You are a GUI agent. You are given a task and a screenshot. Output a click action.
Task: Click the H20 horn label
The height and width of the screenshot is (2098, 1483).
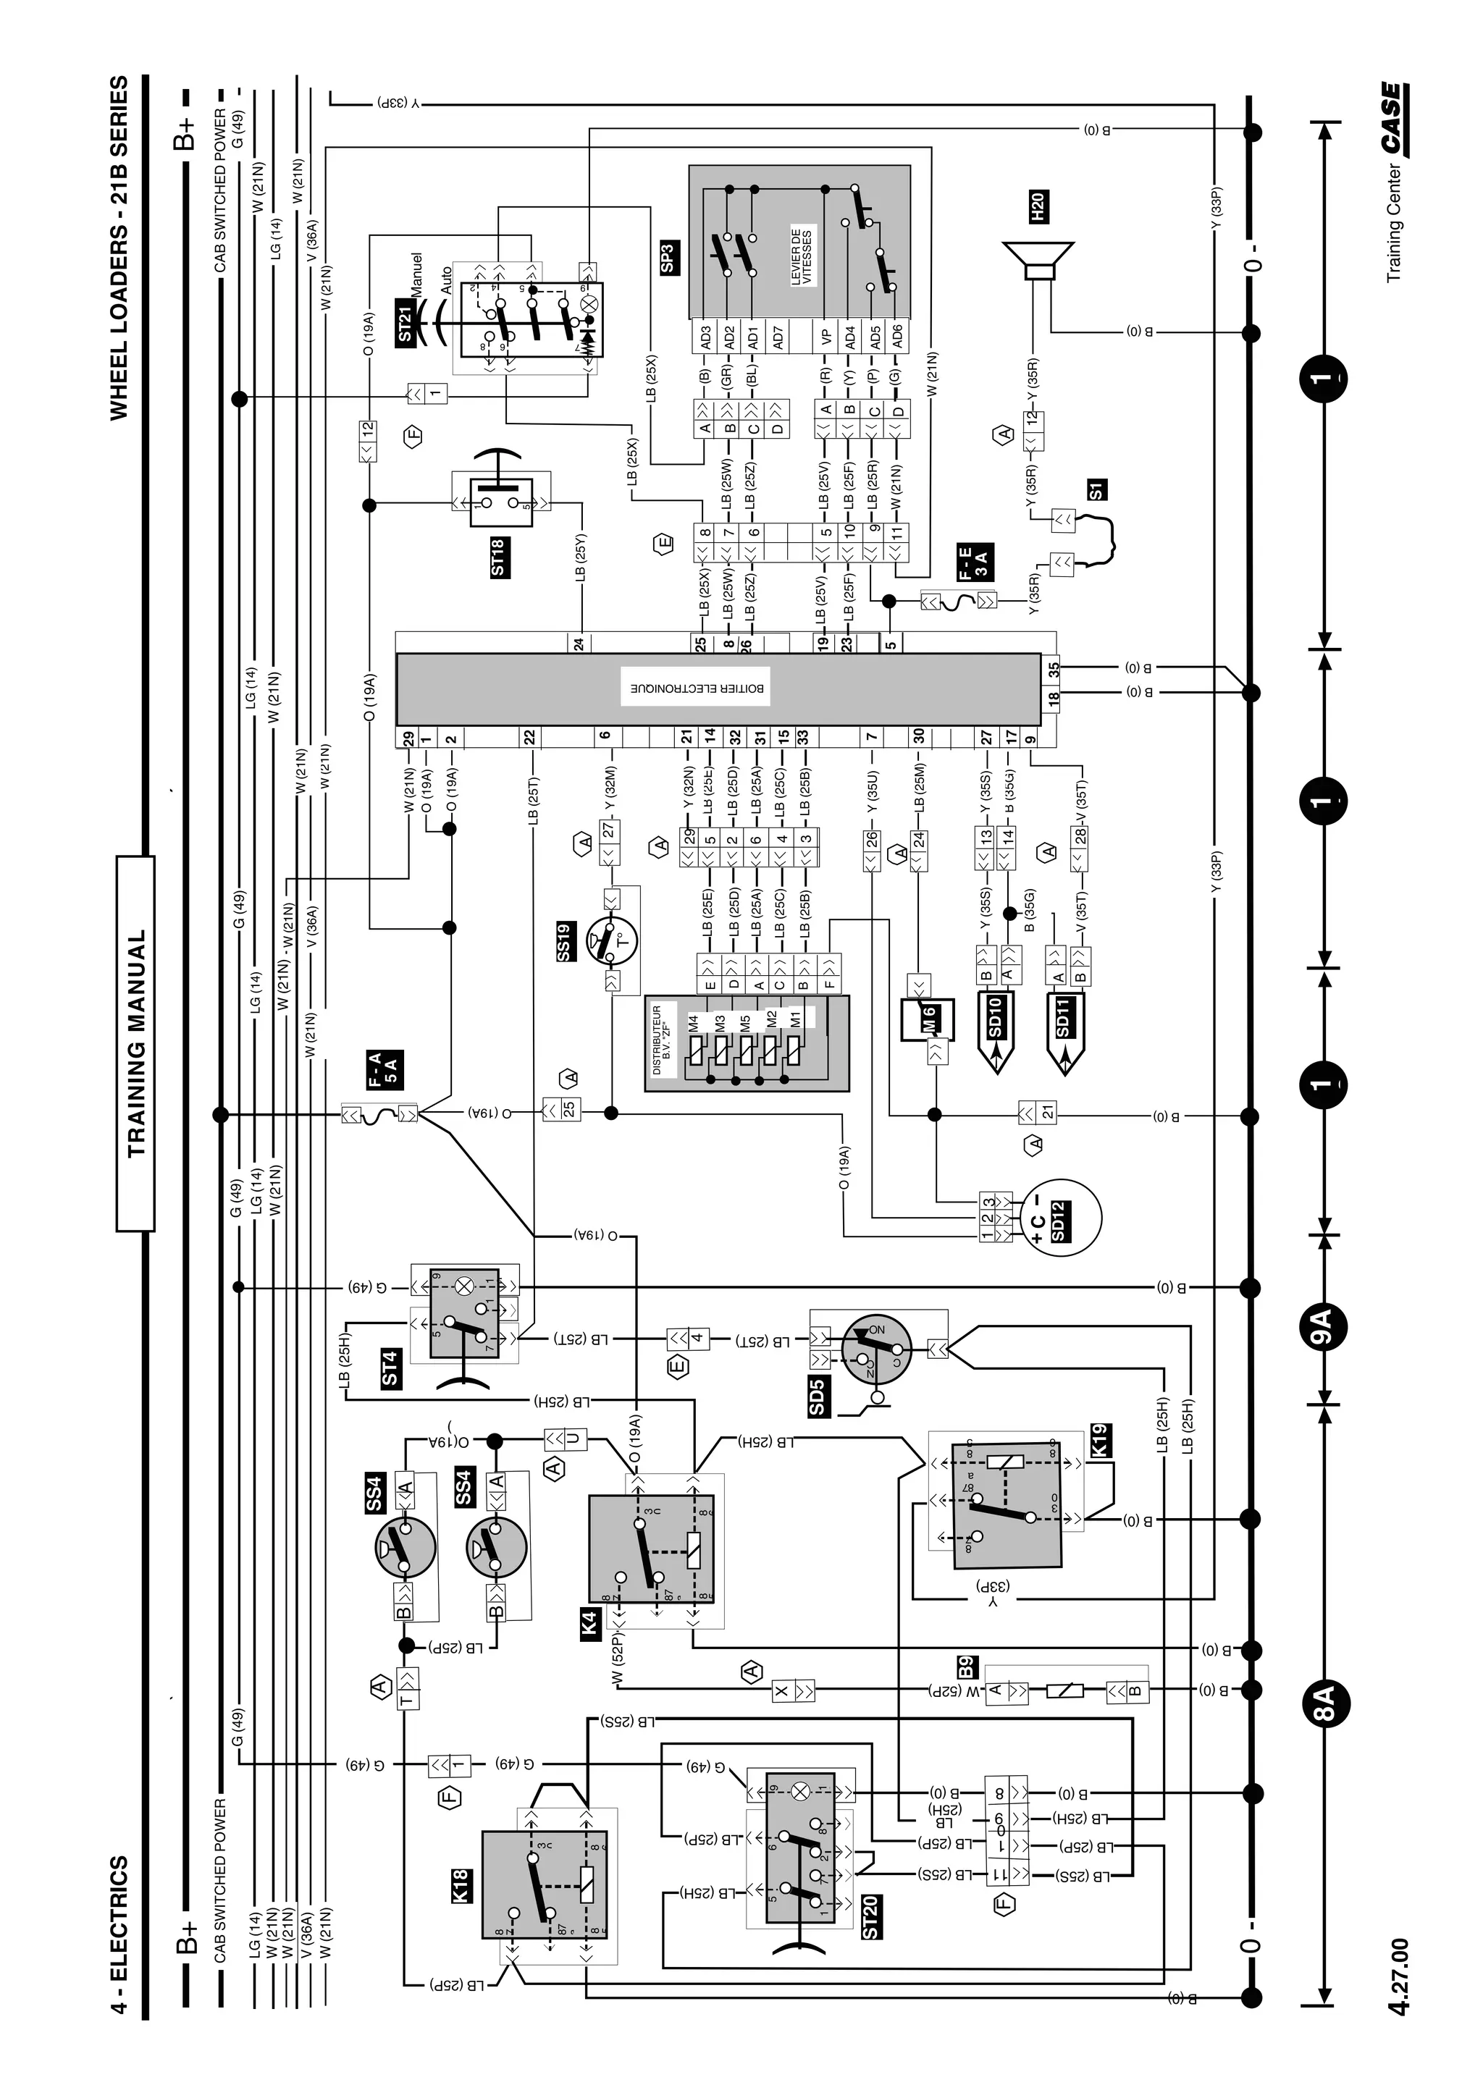(x=1036, y=208)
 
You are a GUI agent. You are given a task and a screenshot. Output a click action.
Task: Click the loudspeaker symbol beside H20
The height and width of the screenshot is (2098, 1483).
(x=1038, y=262)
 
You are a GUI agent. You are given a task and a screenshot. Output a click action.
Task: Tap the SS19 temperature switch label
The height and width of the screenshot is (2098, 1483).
(x=564, y=942)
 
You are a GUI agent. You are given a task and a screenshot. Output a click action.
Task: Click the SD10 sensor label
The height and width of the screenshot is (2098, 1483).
(x=995, y=1017)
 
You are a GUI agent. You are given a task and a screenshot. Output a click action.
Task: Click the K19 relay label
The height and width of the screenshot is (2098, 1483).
(x=1099, y=1442)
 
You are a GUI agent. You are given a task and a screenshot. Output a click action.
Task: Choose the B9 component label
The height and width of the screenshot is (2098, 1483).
(x=967, y=1666)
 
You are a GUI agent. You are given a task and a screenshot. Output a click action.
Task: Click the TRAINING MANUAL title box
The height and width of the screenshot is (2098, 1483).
(x=135, y=1043)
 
